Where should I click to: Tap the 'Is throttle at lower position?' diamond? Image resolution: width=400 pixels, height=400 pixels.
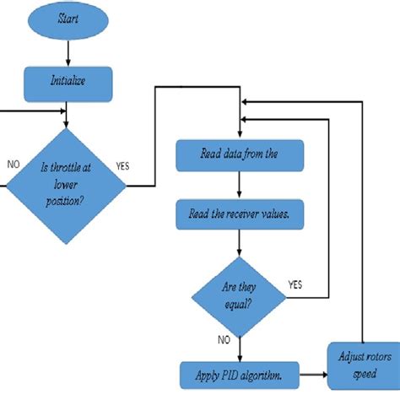click(x=68, y=185)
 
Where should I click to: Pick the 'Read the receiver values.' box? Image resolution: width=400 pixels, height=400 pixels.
click(x=239, y=214)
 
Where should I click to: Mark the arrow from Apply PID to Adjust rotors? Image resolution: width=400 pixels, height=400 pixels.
click(x=311, y=372)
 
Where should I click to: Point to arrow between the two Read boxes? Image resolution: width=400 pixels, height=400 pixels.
click(x=239, y=185)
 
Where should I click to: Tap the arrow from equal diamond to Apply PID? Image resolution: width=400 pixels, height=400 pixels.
click(x=239, y=347)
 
